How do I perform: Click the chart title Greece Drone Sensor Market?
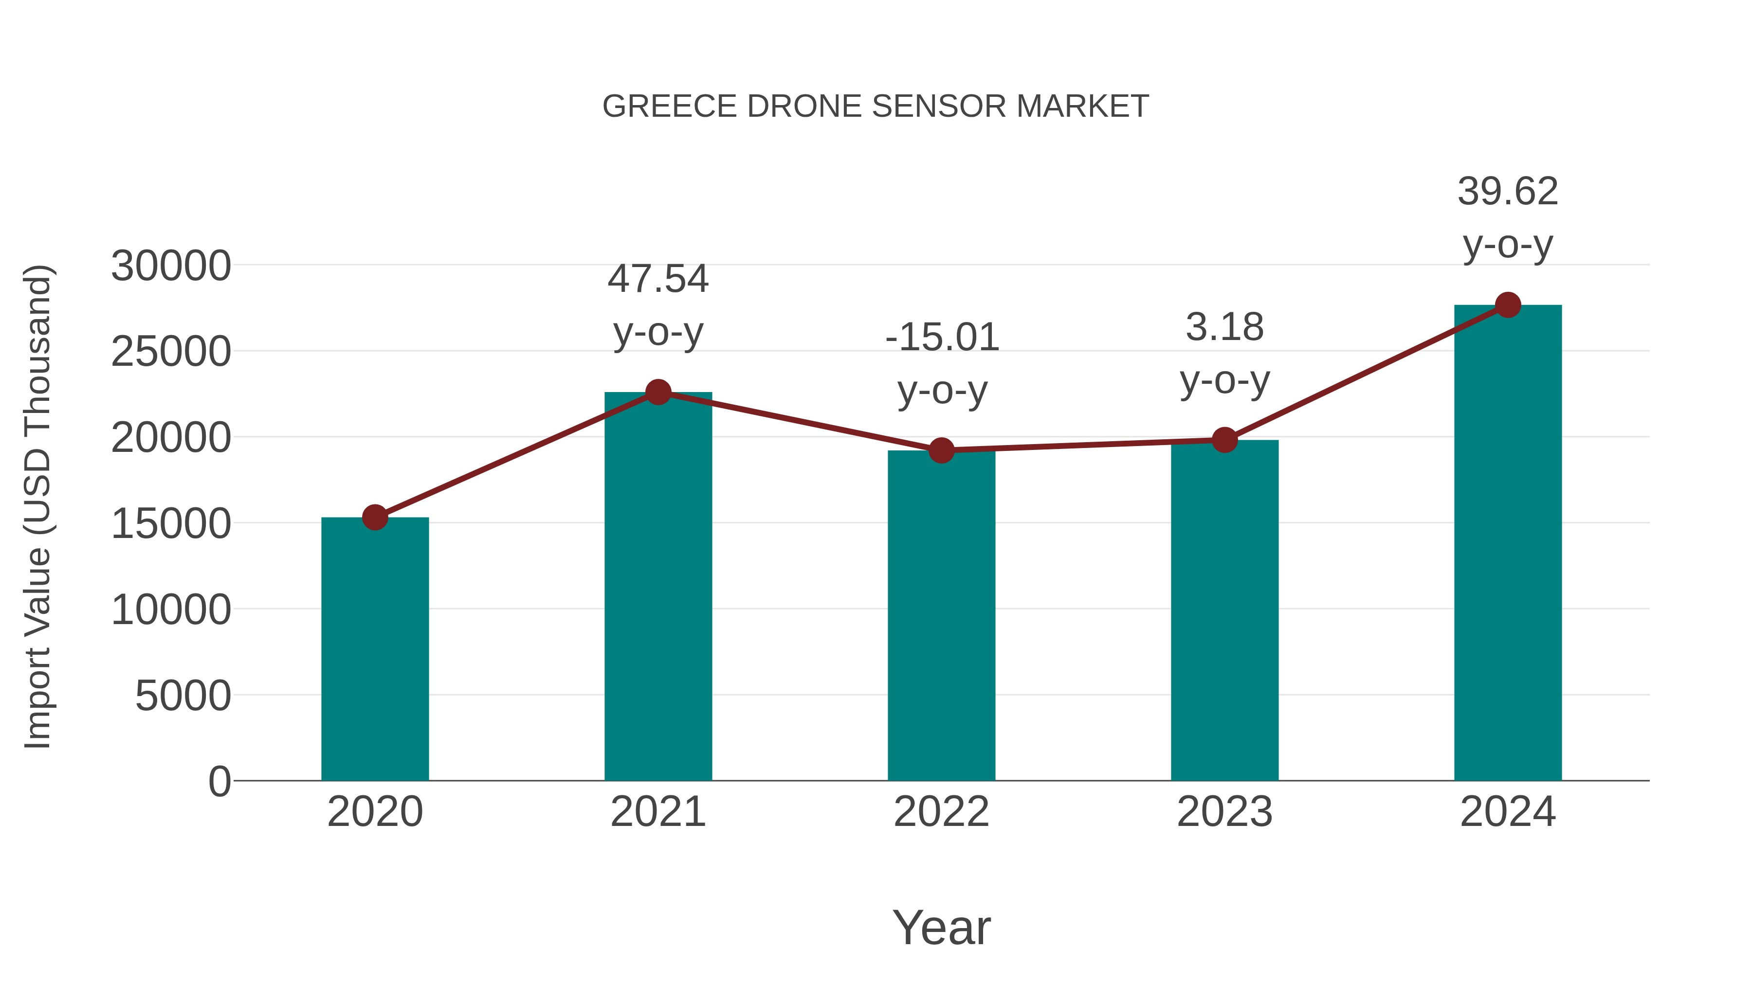pyautogui.click(x=876, y=107)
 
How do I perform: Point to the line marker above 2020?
pyautogui.click(x=375, y=518)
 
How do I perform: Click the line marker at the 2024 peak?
pyautogui.click(x=1508, y=305)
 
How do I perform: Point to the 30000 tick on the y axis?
pyautogui.click(x=171, y=266)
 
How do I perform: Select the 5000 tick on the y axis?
pyautogui.click(x=183, y=696)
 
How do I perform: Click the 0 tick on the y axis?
pyautogui.click(x=219, y=782)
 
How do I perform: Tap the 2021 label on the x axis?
pyautogui.click(x=657, y=812)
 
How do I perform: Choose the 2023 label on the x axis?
pyautogui.click(x=1224, y=812)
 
